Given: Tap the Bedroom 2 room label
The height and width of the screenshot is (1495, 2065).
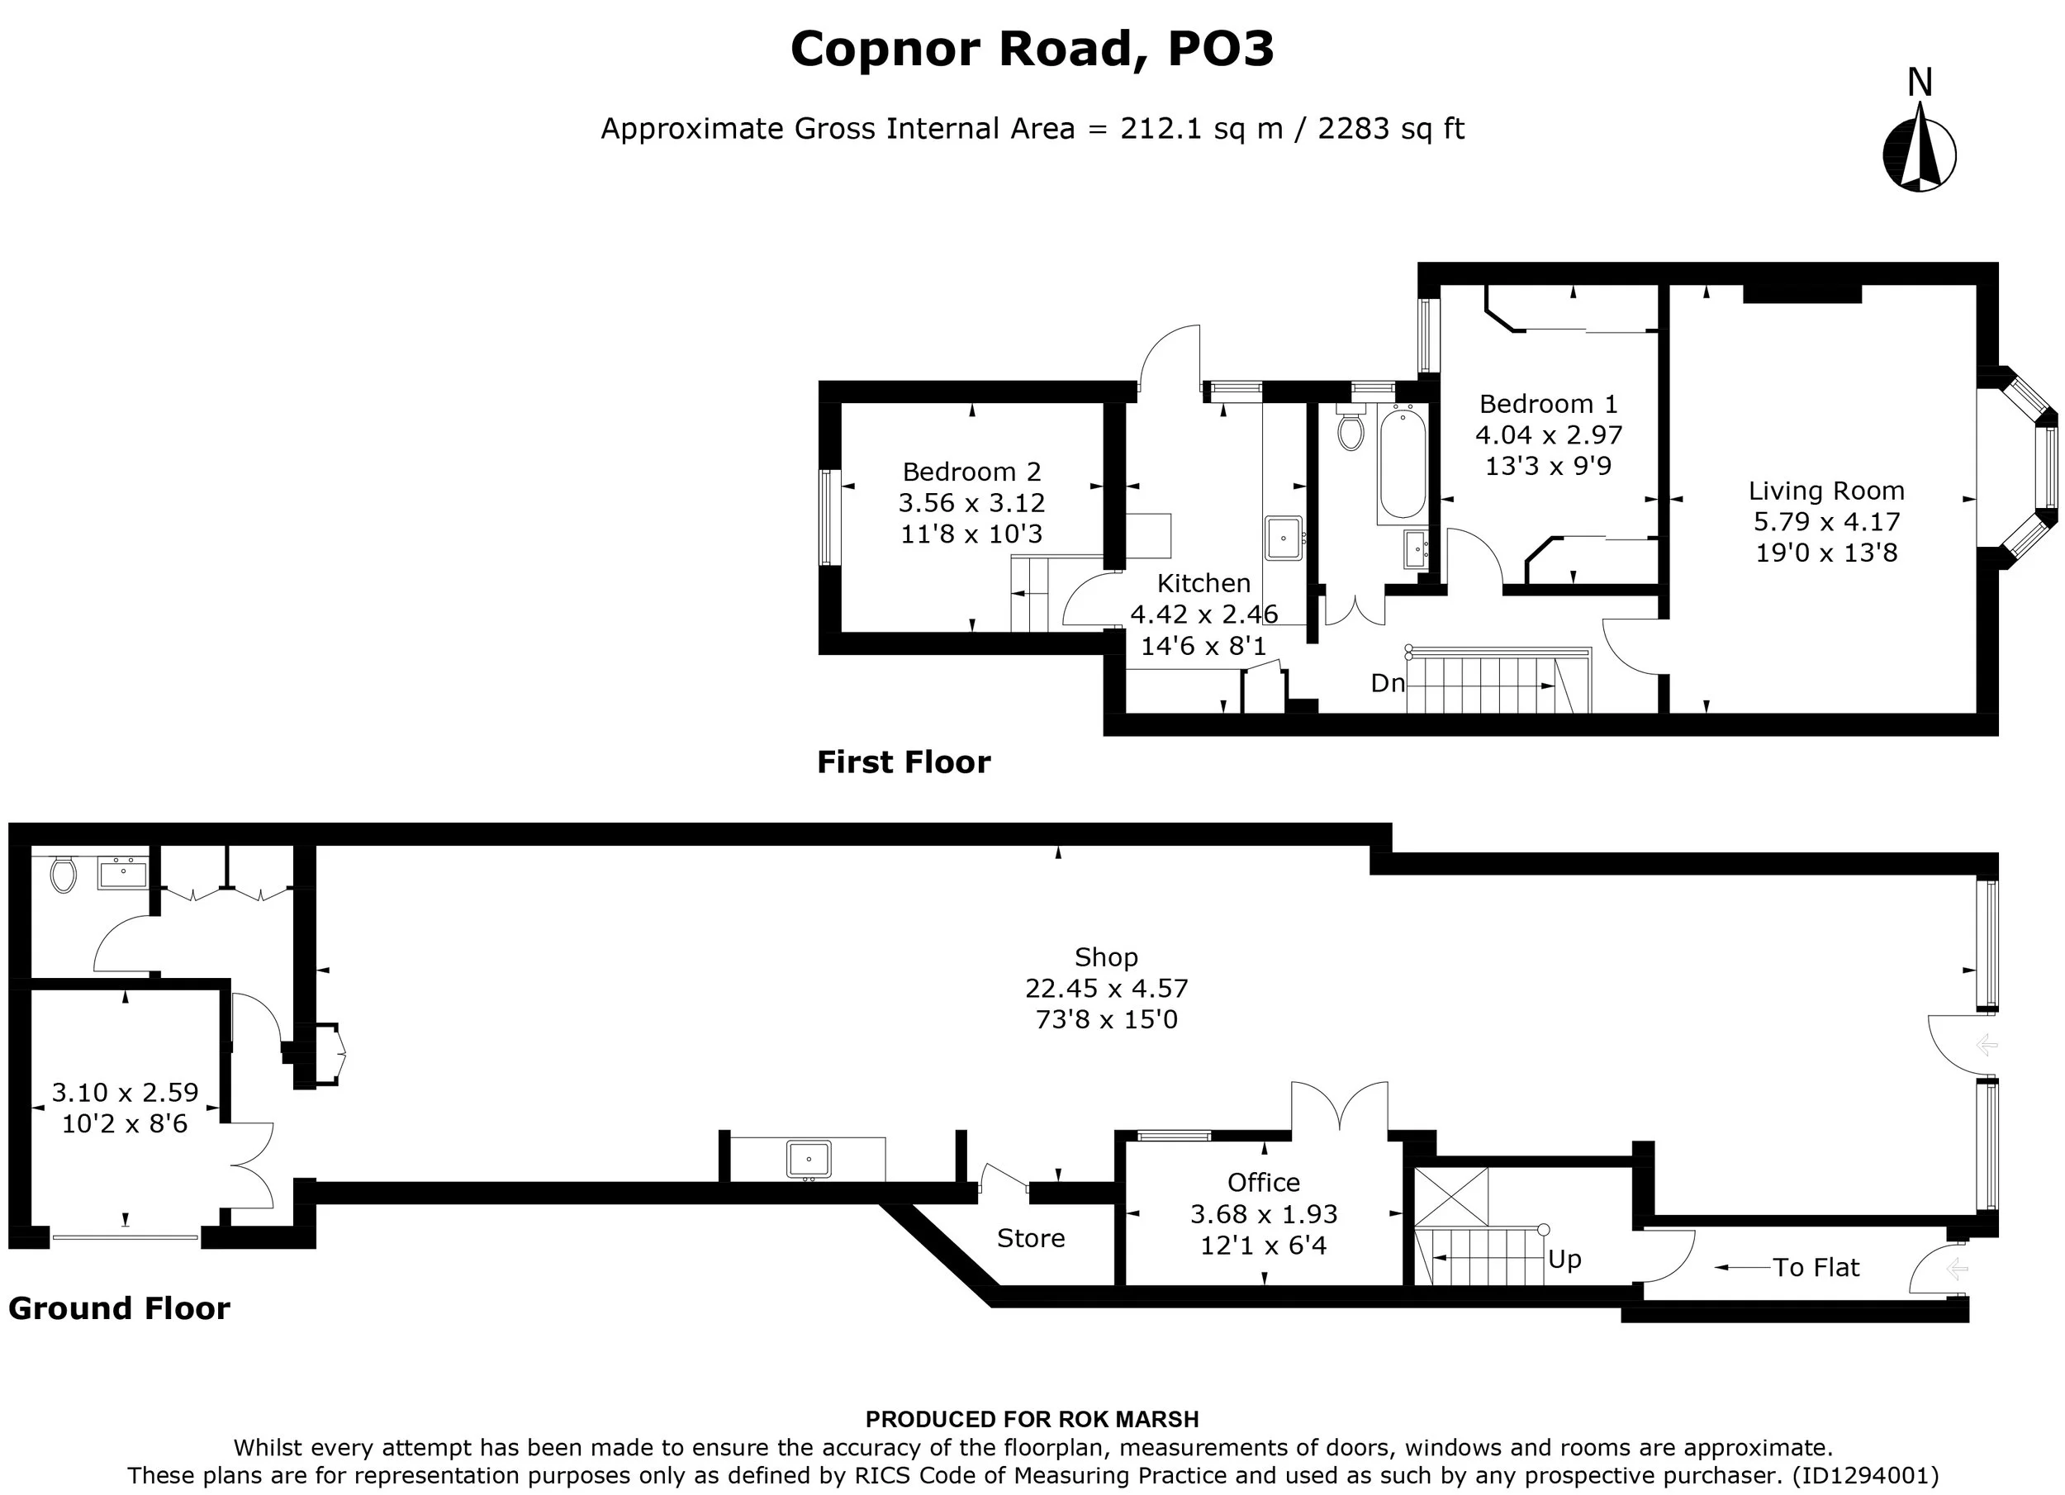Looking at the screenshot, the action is click(971, 472).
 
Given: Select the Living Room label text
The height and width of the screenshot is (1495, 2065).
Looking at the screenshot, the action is click(1826, 491).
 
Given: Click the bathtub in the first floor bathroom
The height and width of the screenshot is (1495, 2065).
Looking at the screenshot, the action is click(1403, 464).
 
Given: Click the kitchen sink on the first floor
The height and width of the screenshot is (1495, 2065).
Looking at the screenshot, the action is click(1284, 538).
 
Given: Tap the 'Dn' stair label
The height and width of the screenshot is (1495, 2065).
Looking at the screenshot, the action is click(1388, 683).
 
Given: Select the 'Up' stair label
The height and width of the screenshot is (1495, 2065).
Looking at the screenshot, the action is click(1564, 1260).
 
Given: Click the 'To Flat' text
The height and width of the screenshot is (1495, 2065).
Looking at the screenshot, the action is click(1816, 1267).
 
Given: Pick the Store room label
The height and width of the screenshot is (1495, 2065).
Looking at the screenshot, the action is click(1031, 1238).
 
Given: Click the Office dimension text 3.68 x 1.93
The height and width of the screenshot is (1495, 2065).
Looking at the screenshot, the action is click(1264, 1213).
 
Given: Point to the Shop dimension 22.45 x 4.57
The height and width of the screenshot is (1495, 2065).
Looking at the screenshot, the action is click(1106, 988).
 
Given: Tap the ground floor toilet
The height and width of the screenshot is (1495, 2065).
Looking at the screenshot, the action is click(63, 875).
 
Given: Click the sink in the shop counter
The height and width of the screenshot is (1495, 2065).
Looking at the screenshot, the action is click(809, 1160).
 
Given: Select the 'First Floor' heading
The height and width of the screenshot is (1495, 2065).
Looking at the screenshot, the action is click(903, 762).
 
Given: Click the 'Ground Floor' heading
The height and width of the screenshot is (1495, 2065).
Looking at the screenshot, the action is click(119, 1308).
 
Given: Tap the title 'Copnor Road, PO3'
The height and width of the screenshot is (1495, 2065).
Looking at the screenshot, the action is click(1032, 50).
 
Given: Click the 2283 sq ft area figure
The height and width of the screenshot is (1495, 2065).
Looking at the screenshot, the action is click(1390, 128).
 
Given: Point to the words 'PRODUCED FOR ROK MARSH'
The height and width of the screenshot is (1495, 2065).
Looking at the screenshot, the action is click(1032, 1420).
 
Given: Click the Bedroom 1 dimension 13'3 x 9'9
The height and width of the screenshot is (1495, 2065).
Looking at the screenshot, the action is click(1549, 466).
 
